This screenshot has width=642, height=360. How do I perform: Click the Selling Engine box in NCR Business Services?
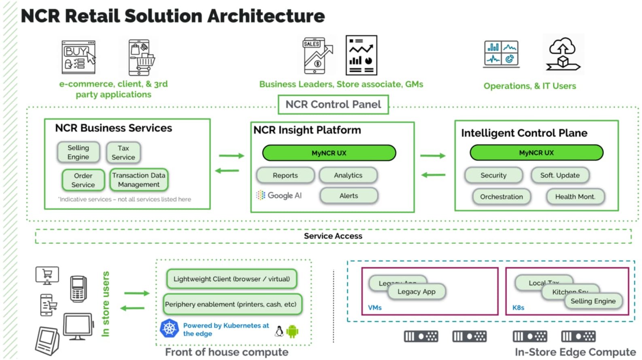pos(79,152)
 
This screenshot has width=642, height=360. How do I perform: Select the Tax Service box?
pos(123,153)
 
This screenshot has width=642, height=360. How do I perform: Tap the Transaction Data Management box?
pos(139,180)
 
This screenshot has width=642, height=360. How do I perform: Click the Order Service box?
pos(83,180)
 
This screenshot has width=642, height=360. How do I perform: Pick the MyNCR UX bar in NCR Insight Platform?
pos(329,153)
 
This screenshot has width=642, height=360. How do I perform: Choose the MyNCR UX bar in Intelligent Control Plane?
pos(536,153)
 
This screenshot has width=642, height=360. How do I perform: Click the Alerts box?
pos(349,196)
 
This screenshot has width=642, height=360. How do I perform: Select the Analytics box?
pos(348,175)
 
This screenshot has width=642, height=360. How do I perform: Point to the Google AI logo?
pos(279,196)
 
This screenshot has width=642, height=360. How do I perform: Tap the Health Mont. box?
pos(575,197)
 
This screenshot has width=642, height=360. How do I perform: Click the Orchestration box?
pos(502,197)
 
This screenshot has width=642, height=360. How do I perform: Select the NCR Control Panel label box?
pos(333,104)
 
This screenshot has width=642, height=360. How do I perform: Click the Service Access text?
pos(333,236)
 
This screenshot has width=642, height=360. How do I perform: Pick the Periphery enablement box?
pos(231,305)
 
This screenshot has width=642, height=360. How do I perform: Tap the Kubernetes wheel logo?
pos(170,328)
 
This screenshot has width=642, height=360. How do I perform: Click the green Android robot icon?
pos(292,332)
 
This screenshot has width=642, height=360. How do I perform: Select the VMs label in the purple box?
pos(375,308)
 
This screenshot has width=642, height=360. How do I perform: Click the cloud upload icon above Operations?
pos(563,54)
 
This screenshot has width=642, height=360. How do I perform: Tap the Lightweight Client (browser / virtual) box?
pos(232,279)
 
